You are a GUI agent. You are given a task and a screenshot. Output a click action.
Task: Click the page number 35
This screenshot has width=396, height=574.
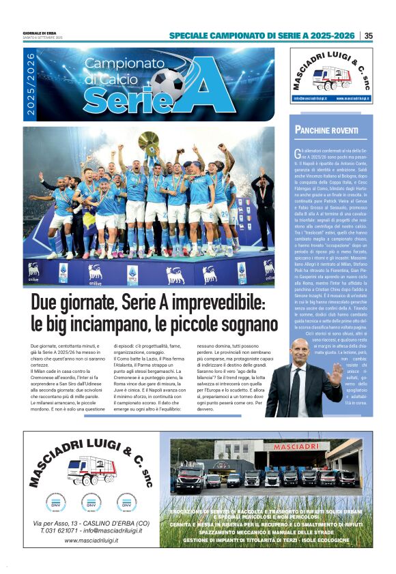tap(369, 35)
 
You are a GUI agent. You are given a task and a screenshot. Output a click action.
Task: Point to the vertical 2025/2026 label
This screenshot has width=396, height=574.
tap(31, 85)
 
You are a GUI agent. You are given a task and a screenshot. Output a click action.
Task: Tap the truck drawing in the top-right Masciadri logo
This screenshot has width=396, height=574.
tap(333, 76)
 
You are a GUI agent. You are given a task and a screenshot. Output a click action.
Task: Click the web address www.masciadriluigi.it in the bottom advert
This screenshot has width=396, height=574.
tap(91, 540)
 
